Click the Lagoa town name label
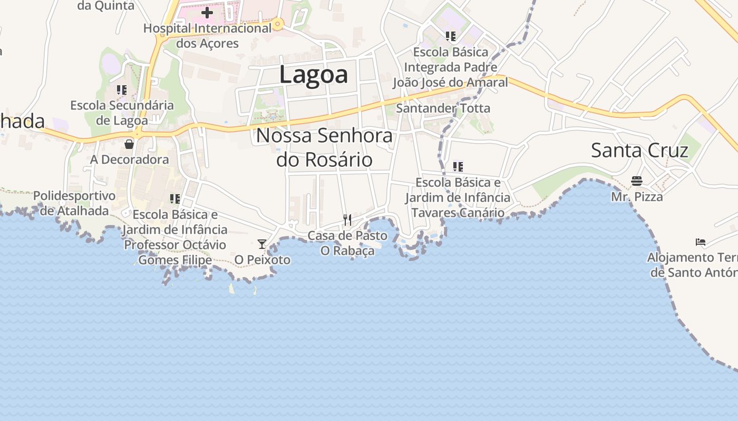click(313, 74)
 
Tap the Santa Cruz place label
click(639, 151)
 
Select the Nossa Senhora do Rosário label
click(324, 147)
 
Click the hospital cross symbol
click(207, 12)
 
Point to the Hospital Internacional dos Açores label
click(207, 36)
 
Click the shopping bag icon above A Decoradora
click(129, 144)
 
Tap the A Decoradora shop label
click(130, 159)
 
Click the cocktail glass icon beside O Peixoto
click(261, 244)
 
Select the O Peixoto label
click(263, 259)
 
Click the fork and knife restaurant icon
click(347, 219)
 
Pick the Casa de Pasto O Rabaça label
click(347, 243)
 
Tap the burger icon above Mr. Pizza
click(637, 182)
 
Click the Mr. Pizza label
click(637, 197)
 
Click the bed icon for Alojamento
click(701, 242)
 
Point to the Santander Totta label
click(443, 108)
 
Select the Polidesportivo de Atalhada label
click(74, 203)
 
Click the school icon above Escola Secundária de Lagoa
click(122, 90)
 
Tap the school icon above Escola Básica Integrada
click(450, 36)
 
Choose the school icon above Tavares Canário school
click(458, 167)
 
